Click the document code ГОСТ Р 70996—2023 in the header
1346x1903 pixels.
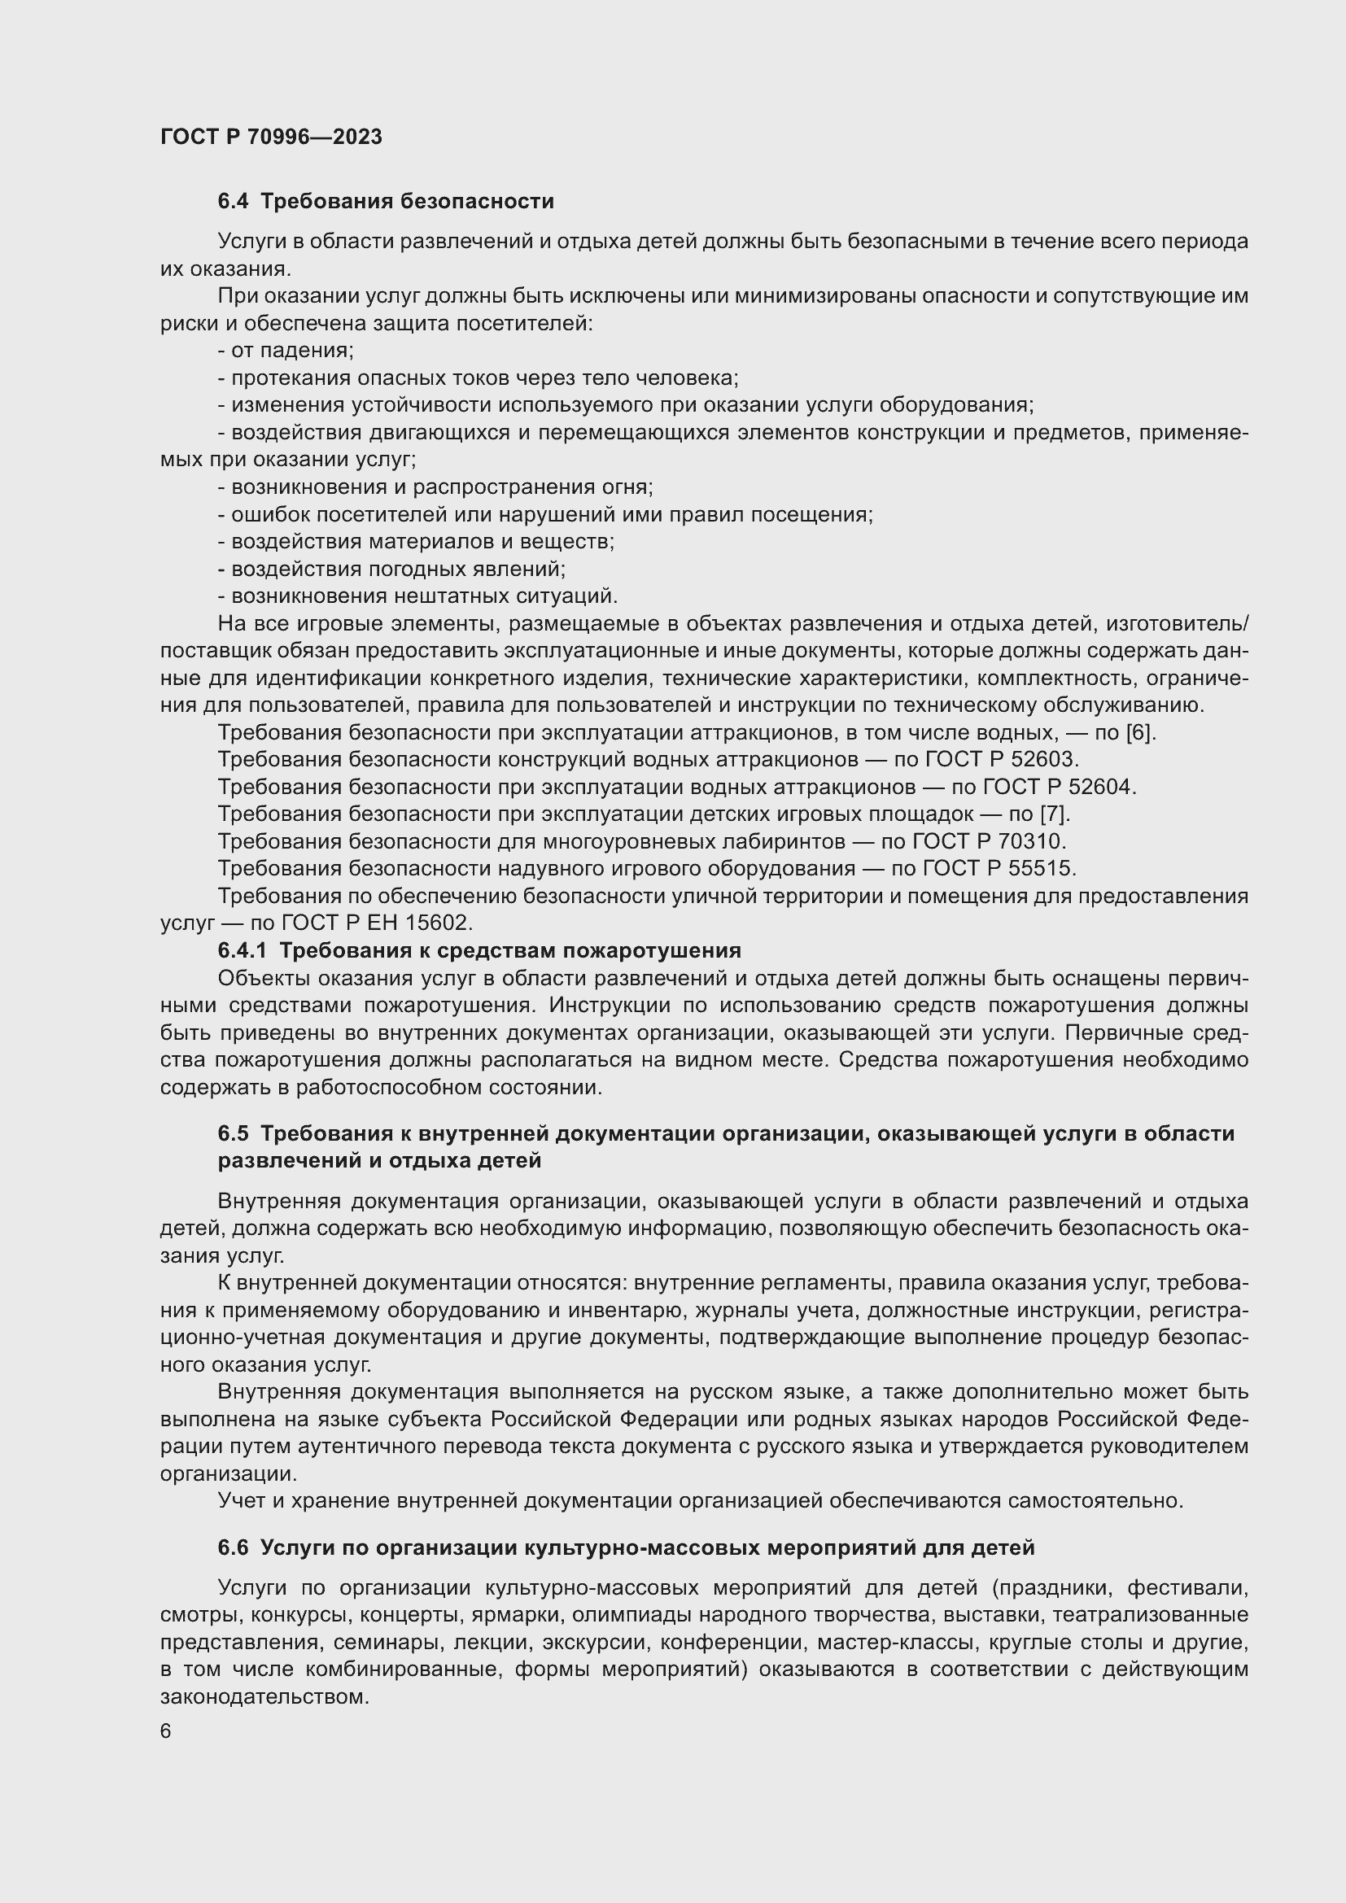click(x=271, y=137)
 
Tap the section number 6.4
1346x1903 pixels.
click(x=232, y=202)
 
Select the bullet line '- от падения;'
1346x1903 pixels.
click(x=286, y=351)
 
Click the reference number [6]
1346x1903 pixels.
click(x=1139, y=733)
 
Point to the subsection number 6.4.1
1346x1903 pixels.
click(x=242, y=950)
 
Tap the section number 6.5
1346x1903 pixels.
click(x=233, y=1134)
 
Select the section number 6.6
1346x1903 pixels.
click(x=233, y=1547)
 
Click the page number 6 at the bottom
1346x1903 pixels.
click(x=166, y=1731)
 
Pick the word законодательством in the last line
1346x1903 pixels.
click(x=264, y=1696)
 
